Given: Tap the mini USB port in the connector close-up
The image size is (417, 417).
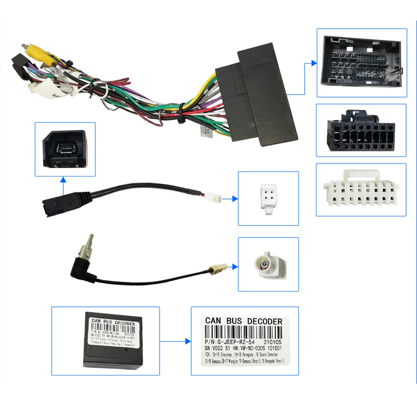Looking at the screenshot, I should point(65,148).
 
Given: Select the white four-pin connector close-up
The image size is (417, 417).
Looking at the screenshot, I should point(269,198).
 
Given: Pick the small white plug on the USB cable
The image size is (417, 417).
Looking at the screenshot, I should point(214,198).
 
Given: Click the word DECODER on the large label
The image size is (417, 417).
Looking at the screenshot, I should point(264,321).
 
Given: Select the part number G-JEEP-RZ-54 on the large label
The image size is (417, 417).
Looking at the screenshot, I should point(236,342).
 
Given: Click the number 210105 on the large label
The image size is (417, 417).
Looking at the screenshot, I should point(272,342).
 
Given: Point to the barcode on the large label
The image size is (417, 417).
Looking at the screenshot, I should point(243,332).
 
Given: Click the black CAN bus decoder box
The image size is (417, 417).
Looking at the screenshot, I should point(113,341).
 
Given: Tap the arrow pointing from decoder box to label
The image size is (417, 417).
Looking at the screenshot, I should point(188,341).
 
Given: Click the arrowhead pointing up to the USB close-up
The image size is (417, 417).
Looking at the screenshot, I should point(63,180).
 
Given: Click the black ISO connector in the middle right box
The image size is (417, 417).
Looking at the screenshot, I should point(361,131).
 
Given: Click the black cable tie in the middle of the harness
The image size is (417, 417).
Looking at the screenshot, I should point(182,114).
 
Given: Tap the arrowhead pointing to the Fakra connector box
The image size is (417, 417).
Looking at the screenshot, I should point(235,267).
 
